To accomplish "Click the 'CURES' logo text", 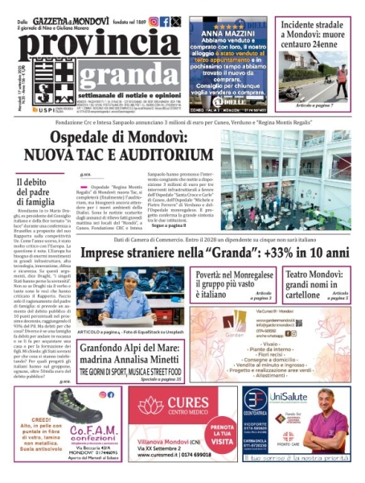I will [184, 404].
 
